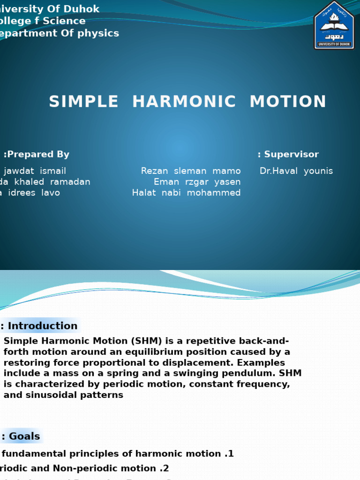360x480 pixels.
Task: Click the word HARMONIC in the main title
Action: click(184, 102)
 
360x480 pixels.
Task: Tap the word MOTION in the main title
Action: click(288, 102)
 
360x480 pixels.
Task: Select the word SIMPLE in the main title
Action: click(84, 102)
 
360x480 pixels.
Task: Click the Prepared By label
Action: click(37, 154)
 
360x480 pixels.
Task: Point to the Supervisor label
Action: click(288, 154)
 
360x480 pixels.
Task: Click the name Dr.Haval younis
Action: click(296, 171)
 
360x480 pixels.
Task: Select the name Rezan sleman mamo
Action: click(191, 171)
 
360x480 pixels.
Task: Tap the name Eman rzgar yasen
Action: click(197, 182)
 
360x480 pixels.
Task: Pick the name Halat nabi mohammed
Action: click(187, 193)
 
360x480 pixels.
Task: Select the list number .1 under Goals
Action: click(228, 453)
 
